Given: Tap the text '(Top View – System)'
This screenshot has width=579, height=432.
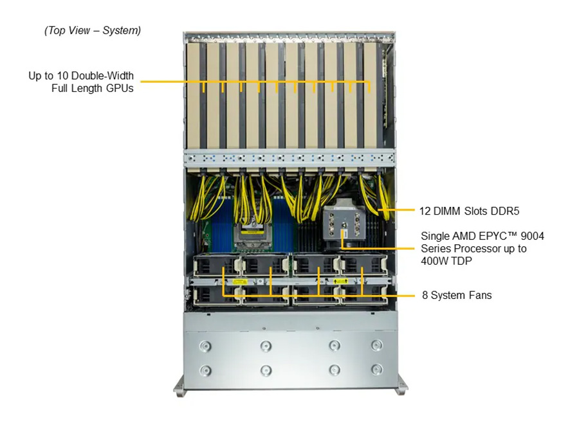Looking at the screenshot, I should tap(93, 30).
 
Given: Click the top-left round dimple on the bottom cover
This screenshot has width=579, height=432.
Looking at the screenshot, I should tap(205, 346).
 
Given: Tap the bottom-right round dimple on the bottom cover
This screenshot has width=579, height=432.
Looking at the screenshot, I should tap(376, 370).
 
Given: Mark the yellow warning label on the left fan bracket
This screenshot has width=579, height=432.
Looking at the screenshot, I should tap(239, 281).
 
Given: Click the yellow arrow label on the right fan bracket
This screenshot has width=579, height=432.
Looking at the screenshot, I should tap(342, 281).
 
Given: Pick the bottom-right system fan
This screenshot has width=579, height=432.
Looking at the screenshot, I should tap(363, 294).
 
